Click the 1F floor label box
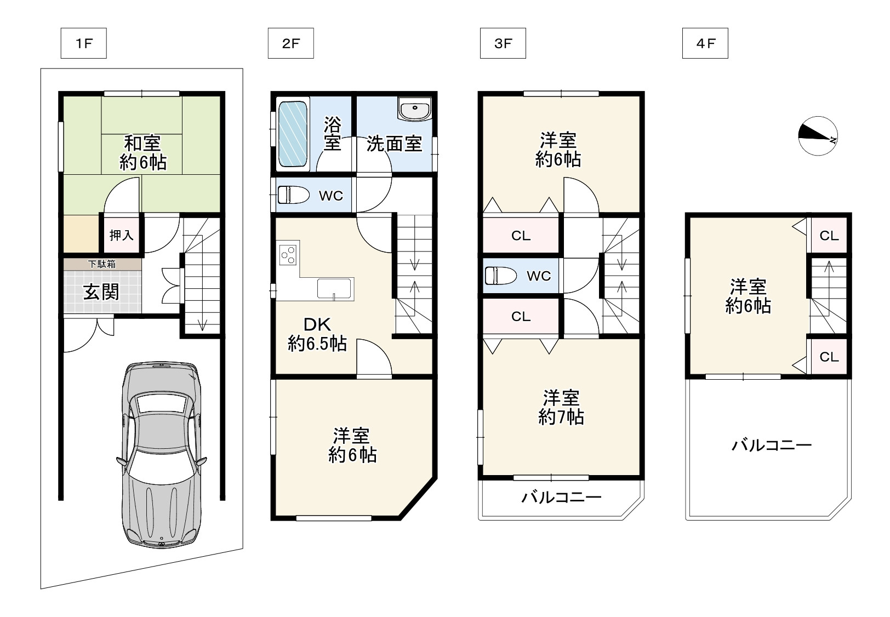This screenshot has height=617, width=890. point(83,43)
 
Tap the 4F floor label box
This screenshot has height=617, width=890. point(705,43)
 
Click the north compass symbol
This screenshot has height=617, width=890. point(817,136)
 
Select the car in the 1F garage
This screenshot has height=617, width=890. point(161,454)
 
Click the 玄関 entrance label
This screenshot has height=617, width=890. point(101,292)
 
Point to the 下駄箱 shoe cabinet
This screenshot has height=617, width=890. point(102,264)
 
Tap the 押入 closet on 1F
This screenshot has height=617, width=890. point(121,235)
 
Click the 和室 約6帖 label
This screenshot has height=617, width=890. point(142,153)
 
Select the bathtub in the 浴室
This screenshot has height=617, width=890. point(294,134)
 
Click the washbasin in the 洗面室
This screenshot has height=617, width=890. point(415,110)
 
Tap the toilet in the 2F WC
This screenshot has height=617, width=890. point(293,195)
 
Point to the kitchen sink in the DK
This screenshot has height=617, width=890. point(334,289)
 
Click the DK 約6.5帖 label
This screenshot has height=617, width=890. point(317,334)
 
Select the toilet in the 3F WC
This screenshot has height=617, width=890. point(500,275)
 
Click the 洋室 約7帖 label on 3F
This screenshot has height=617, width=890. point(561,407)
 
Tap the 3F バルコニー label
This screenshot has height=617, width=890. point(561,497)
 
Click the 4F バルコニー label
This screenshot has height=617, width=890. point(771,445)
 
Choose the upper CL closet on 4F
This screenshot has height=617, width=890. point(829,236)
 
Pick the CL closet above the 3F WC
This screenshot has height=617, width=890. point(521,236)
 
